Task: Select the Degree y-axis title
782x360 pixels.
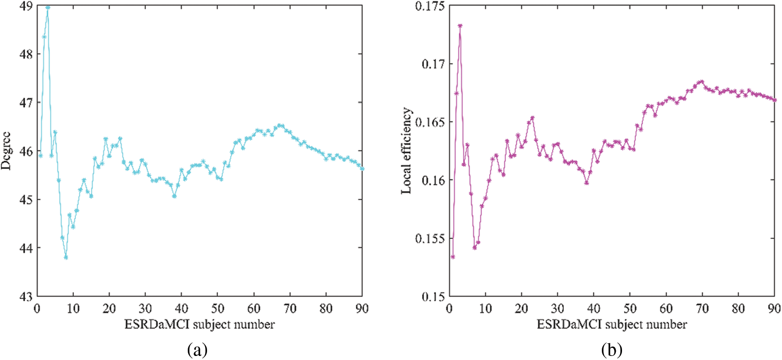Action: coord(6,151)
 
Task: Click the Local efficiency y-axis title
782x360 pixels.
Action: coord(406,151)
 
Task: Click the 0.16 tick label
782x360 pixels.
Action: coord(433,180)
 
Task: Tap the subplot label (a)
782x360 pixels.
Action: coord(197,350)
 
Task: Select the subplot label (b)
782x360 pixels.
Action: coord(612,350)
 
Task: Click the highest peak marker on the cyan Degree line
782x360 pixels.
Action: coord(48,8)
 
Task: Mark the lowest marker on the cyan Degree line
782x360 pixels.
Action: coord(66,257)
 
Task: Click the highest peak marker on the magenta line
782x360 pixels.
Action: coord(460,26)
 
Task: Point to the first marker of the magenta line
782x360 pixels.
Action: coord(453,257)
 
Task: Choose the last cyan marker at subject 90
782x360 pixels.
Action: coord(362,169)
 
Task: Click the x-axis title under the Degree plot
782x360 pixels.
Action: coord(199,324)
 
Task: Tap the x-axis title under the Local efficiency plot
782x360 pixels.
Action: coord(612,324)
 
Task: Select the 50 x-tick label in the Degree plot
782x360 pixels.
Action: coord(218,308)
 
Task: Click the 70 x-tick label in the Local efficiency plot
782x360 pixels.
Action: coord(702,308)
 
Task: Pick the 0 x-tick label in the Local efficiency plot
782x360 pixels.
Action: coord(449,308)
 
